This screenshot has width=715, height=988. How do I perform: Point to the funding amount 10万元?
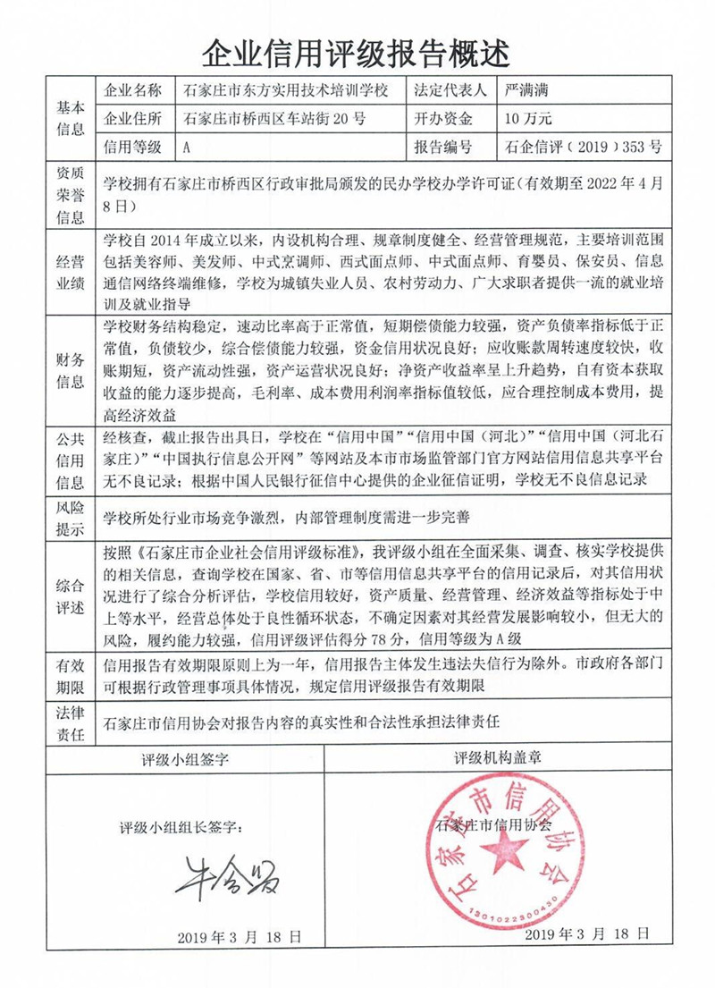[528, 118]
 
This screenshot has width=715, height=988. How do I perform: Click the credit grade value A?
[185, 147]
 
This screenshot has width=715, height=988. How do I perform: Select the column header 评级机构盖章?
[500, 759]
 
